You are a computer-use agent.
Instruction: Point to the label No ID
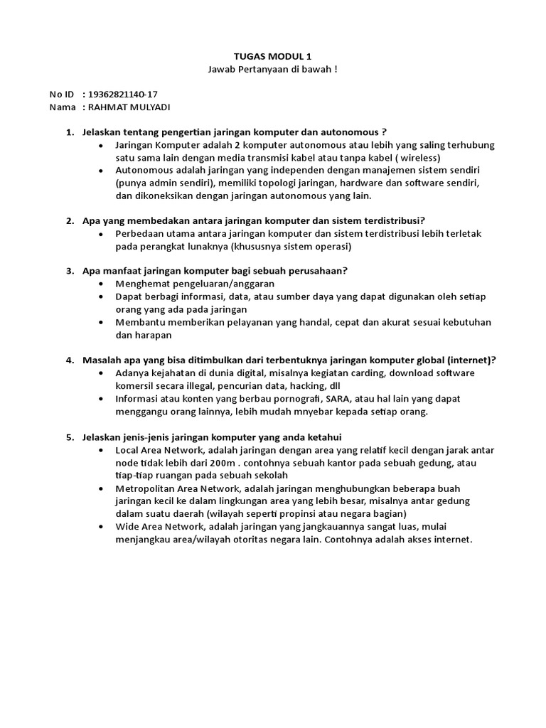point(61,95)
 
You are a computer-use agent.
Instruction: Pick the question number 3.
point(70,271)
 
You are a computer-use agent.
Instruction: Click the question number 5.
point(70,437)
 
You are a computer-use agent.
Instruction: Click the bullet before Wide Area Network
point(104,527)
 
